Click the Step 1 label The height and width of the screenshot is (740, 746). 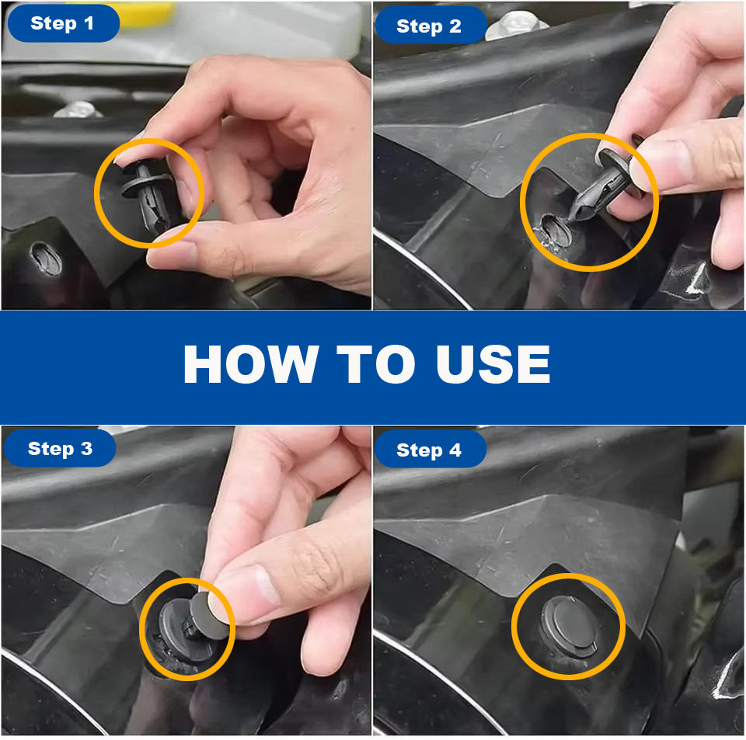(x=62, y=23)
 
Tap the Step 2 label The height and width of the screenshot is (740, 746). (x=429, y=26)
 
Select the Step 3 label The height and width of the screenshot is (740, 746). (x=60, y=449)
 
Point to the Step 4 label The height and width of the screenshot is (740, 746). (x=429, y=450)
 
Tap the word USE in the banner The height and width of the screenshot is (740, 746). (x=493, y=363)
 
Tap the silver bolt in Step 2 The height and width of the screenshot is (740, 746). (x=515, y=24)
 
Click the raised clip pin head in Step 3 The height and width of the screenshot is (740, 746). (x=209, y=616)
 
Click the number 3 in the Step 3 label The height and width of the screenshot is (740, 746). (x=86, y=449)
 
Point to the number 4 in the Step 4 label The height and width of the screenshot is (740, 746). (x=455, y=450)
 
